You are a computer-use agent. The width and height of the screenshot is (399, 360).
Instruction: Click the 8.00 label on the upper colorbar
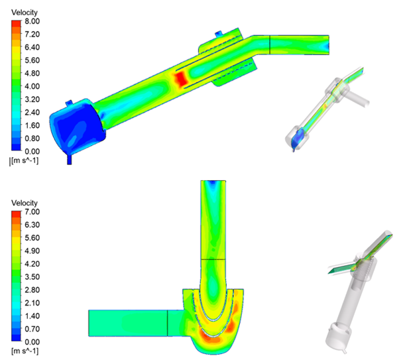[x=32, y=21]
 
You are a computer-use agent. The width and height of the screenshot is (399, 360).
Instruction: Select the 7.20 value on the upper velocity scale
[x=32, y=34]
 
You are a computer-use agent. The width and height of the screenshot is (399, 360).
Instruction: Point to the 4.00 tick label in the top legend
[x=32, y=86]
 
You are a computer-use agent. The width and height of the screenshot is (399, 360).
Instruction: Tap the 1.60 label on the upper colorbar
[x=32, y=125]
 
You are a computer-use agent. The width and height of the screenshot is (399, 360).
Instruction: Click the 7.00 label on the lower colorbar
[x=32, y=211]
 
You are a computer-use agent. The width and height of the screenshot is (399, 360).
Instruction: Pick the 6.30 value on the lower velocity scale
[x=32, y=225]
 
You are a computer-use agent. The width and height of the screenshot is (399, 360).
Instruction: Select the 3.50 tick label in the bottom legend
[x=32, y=276]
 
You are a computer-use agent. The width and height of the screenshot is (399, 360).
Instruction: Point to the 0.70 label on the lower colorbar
[x=32, y=329]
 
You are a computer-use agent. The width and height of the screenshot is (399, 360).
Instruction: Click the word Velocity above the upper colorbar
[x=25, y=12]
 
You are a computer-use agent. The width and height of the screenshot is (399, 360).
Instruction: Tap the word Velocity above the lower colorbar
[x=25, y=203]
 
